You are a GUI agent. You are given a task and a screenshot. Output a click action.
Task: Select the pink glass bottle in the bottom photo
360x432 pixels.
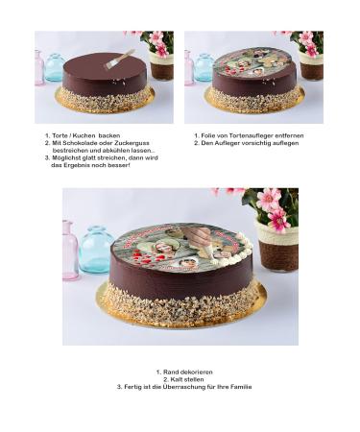pyautogui.click(x=70, y=250)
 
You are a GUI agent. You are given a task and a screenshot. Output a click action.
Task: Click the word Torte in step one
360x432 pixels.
pyautogui.click(x=60, y=136)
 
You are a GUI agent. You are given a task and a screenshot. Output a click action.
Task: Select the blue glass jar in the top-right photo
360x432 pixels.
pyautogui.click(x=203, y=68)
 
